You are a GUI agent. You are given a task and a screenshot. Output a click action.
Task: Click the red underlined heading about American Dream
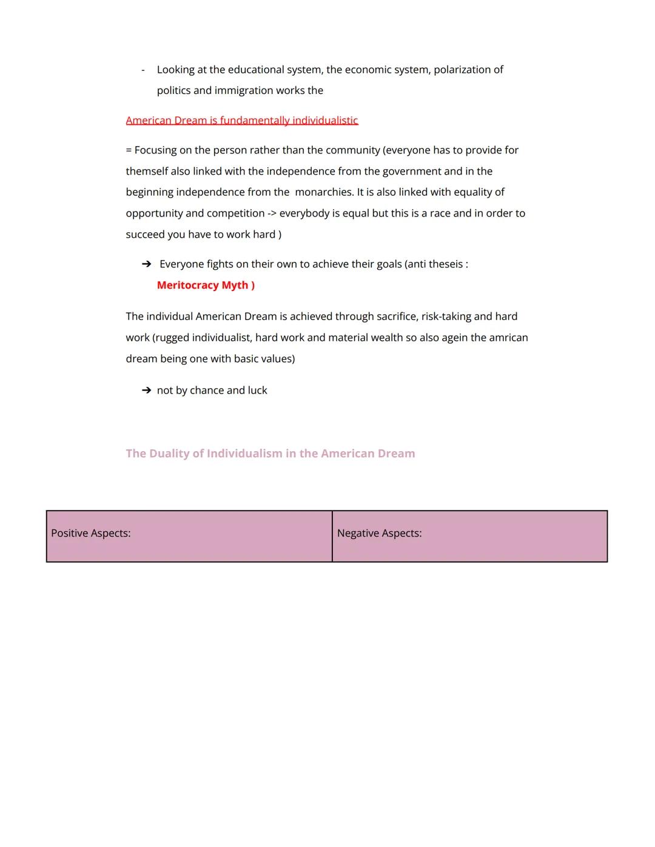242,120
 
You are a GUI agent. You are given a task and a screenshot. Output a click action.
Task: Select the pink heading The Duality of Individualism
270,454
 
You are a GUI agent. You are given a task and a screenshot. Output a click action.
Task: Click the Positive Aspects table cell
189,536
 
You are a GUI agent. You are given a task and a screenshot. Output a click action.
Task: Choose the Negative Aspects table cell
469,536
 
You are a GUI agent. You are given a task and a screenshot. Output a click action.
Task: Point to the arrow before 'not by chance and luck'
146,390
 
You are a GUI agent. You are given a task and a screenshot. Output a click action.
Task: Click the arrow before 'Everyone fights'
146,264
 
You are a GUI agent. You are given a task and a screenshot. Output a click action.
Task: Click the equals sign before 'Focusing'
129,150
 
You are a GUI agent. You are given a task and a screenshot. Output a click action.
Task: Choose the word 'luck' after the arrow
257,390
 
